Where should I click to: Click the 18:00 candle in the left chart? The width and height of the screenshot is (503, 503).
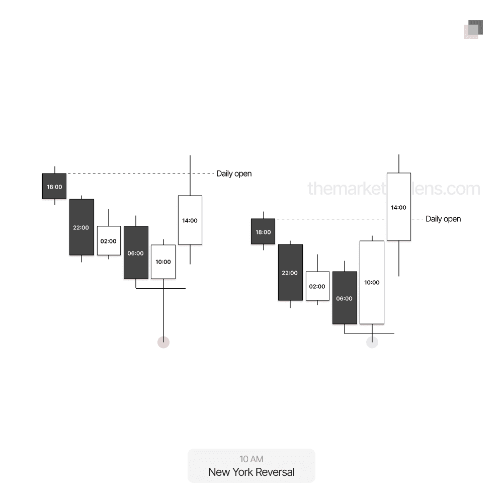(54, 186)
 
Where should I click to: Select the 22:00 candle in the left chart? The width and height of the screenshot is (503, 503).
(81, 227)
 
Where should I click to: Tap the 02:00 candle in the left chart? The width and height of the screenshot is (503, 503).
(109, 241)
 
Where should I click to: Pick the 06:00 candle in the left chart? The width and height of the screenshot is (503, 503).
(136, 253)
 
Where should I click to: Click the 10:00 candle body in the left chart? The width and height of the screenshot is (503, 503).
(163, 262)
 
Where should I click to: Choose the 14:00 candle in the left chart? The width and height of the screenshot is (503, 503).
(190, 220)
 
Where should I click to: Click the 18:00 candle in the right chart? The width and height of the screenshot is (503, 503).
(263, 231)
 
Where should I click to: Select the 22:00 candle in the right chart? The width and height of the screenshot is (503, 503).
(290, 273)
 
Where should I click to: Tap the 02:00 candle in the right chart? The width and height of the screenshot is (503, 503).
(317, 286)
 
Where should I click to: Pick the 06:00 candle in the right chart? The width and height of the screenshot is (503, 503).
(345, 298)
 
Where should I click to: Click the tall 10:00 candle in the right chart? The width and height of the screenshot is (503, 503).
(372, 282)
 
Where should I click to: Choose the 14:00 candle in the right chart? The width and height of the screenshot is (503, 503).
(398, 207)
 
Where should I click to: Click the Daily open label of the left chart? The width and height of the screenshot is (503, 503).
(234, 174)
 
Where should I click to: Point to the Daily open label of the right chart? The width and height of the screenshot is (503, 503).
(443, 219)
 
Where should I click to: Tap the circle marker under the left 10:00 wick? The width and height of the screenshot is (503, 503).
(163, 343)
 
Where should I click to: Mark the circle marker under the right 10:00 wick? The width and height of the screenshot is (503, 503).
(372, 343)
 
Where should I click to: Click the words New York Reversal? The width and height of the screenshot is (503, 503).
(251, 472)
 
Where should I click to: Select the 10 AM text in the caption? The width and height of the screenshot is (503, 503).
(251, 459)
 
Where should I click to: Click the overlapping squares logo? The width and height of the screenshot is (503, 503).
(473, 30)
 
